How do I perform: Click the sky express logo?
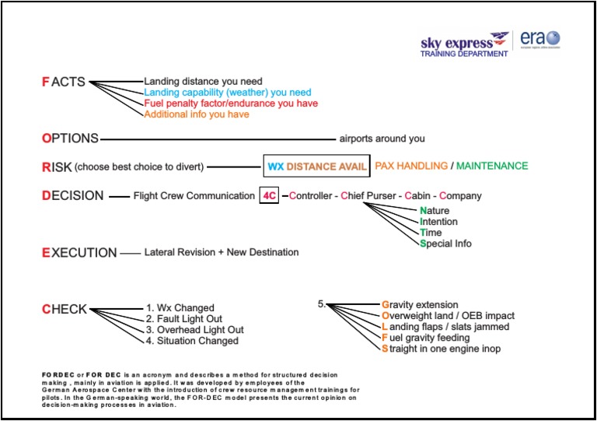pos(465,44)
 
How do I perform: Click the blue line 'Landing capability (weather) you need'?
pos(227,93)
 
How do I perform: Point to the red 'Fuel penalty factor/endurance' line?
pos(231,103)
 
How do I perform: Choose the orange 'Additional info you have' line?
pos(197,114)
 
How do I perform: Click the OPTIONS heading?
pos(70,139)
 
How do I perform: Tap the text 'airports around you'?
pos(382,139)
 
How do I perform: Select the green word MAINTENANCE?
pos(492,166)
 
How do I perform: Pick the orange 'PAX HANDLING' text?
pos(411,166)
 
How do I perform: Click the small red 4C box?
pos(269,196)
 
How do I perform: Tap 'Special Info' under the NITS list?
pos(445,244)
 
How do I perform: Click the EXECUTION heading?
pos(79,253)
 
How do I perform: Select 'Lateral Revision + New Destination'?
pos(222,253)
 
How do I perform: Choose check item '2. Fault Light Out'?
pos(183,319)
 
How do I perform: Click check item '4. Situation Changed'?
pos(190,341)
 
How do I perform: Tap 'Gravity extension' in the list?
pos(420,305)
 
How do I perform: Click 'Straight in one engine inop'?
pos(441,349)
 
